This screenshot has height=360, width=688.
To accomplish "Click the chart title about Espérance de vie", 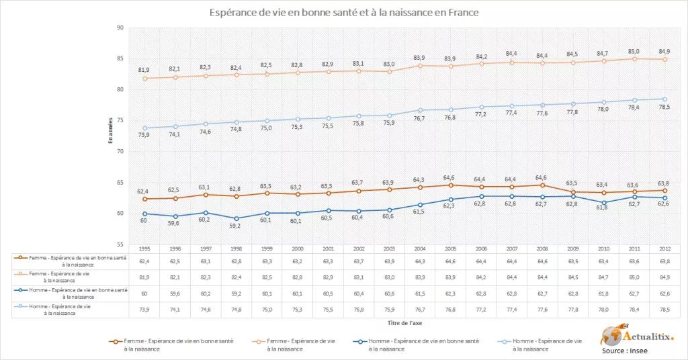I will [x=344, y=13].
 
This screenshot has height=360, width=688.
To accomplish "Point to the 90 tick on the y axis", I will [x=120, y=28].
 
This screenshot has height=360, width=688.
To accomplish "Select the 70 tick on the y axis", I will [x=120, y=152].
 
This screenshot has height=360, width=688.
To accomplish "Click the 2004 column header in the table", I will [x=418, y=248].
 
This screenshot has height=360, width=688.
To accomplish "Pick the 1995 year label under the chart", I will [x=144, y=248].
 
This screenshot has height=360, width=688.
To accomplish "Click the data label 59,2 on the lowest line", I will [x=234, y=226].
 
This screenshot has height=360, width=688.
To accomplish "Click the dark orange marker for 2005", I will [x=449, y=185].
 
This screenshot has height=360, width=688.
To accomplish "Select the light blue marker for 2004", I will [x=419, y=109].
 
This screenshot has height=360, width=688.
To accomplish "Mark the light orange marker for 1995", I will [x=144, y=78].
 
